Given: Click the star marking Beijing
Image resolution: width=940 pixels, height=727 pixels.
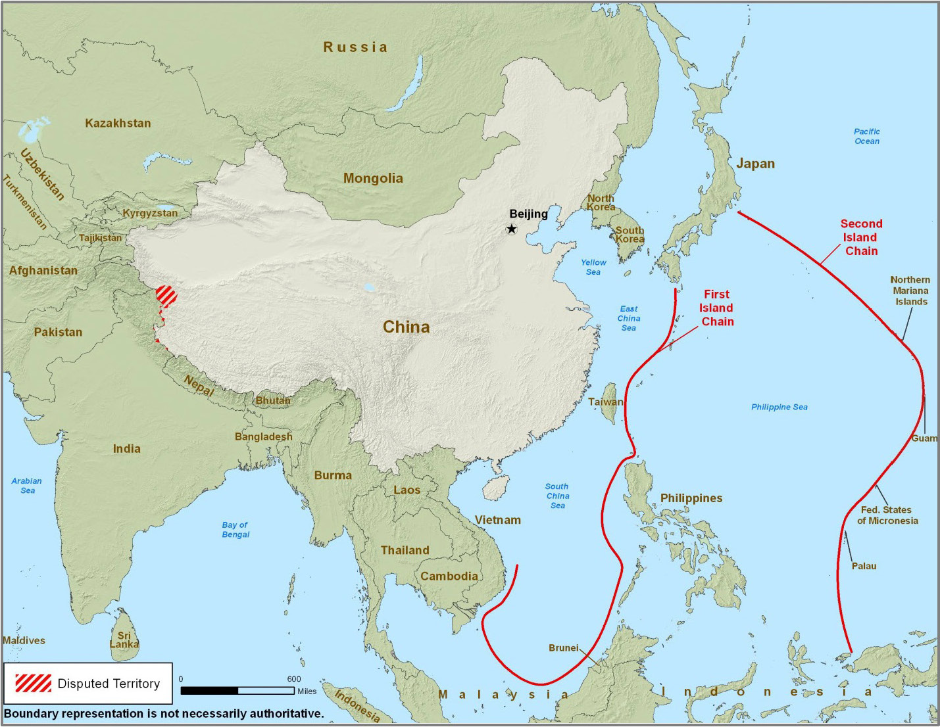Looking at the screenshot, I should click(x=511, y=229).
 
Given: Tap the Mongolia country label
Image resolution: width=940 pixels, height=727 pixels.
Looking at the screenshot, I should click(x=373, y=178).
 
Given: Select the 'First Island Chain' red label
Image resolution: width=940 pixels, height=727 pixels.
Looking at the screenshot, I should click(x=716, y=308).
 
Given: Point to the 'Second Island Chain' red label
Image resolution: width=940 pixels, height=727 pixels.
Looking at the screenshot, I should click(x=861, y=237).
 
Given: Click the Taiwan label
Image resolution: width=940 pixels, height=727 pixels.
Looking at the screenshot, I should click(x=605, y=402).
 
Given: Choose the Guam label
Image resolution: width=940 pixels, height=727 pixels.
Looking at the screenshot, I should click(x=924, y=438).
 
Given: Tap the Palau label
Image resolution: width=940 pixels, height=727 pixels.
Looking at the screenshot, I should click(x=864, y=566).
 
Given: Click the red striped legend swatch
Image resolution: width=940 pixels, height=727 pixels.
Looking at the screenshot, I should click(x=33, y=683).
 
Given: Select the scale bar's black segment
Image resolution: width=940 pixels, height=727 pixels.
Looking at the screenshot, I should click(x=209, y=691).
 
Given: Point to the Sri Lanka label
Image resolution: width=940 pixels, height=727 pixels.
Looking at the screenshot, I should click(x=124, y=640).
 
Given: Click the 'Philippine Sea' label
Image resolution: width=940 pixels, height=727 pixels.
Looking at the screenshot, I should click(x=779, y=407).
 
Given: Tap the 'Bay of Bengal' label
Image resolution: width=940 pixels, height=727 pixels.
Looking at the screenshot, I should click(x=235, y=530).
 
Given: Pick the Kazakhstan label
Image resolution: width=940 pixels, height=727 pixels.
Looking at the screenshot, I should click(x=118, y=123).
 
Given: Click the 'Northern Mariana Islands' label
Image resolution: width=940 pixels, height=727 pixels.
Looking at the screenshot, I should click(x=910, y=291).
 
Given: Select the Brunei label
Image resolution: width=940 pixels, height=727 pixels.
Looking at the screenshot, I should click(x=564, y=648).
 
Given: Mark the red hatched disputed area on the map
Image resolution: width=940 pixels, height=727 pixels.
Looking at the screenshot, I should click(x=166, y=296).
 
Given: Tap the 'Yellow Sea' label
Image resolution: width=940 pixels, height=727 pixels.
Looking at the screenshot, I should click(x=593, y=267).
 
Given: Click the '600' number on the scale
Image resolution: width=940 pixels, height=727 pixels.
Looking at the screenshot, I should click(x=294, y=679).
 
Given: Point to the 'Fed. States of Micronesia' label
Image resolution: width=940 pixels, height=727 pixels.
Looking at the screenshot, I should click(x=887, y=515).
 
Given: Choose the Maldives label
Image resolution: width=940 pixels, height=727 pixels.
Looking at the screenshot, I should click(x=24, y=640).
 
